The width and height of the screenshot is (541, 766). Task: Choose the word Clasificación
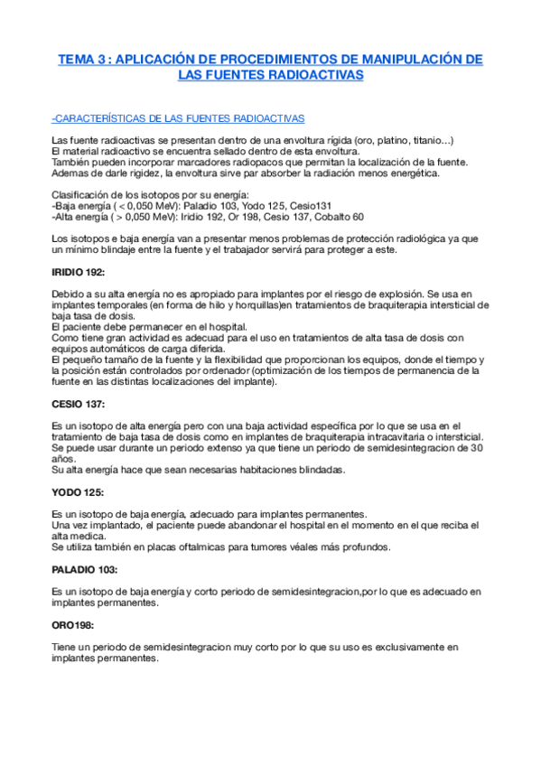pyautogui.click(x=79, y=195)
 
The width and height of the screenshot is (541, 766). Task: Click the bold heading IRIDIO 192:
pyautogui.click(x=79, y=272)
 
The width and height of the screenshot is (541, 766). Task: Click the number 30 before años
pyautogui.click(x=478, y=448)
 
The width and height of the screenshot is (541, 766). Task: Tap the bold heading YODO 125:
pyautogui.click(x=78, y=491)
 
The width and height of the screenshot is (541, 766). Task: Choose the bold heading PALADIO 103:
pyautogui.click(x=85, y=569)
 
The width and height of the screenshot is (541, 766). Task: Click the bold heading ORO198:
pyautogui.click(x=75, y=624)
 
